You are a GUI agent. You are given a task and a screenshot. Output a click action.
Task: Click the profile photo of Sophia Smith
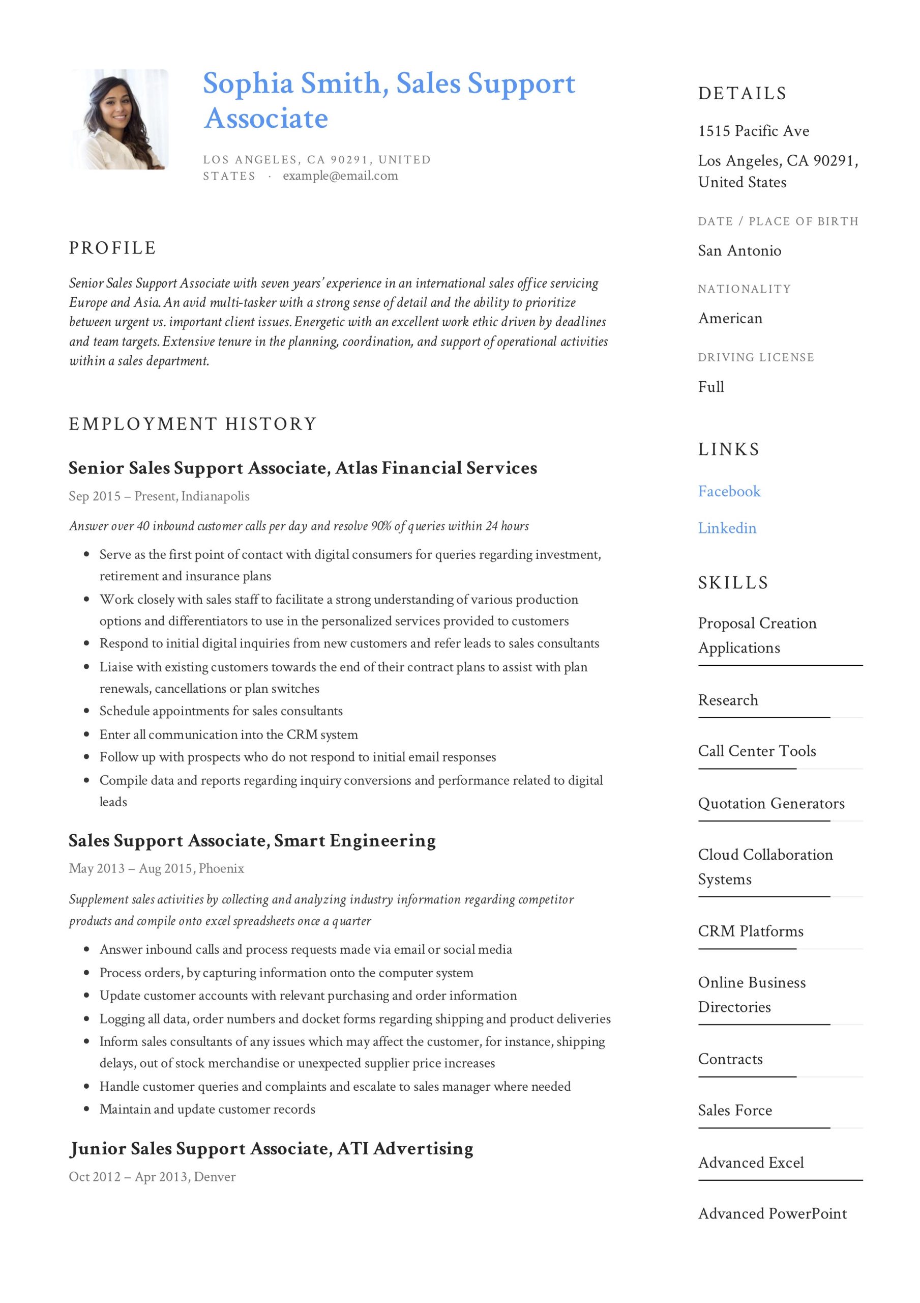[x=120, y=119]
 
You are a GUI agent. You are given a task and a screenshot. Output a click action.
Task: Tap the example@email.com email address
[x=340, y=176]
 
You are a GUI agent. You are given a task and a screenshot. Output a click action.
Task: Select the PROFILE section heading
[x=112, y=248]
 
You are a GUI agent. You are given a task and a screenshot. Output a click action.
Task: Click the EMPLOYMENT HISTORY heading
[x=193, y=424]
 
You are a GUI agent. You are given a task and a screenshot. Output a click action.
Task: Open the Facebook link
[x=729, y=492]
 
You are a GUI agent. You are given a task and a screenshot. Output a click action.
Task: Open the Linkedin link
[x=727, y=528]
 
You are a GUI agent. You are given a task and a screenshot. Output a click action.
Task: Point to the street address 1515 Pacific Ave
[x=753, y=131]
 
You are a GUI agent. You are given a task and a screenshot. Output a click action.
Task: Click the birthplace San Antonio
[x=739, y=251]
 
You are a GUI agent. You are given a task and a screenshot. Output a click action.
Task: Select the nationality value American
[x=730, y=319]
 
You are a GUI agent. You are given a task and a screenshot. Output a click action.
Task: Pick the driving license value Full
[x=710, y=387]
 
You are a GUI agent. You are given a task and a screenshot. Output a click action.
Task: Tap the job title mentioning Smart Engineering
[x=252, y=840]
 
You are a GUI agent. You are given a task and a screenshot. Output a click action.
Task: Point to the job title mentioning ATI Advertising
[x=271, y=1149]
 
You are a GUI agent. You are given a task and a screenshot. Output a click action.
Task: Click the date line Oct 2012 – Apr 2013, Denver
[x=152, y=1176]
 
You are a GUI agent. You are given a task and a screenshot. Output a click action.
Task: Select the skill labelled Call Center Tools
[x=757, y=751]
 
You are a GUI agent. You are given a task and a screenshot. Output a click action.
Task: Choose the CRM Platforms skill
[x=751, y=931]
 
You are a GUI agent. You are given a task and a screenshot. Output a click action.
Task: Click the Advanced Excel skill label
[x=751, y=1163]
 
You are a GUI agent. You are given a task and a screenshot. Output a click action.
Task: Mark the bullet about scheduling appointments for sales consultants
[x=221, y=711]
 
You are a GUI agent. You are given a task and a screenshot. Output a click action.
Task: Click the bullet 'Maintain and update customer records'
[x=207, y=1109]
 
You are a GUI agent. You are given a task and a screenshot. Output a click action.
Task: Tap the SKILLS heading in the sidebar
[x=733, y=583]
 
